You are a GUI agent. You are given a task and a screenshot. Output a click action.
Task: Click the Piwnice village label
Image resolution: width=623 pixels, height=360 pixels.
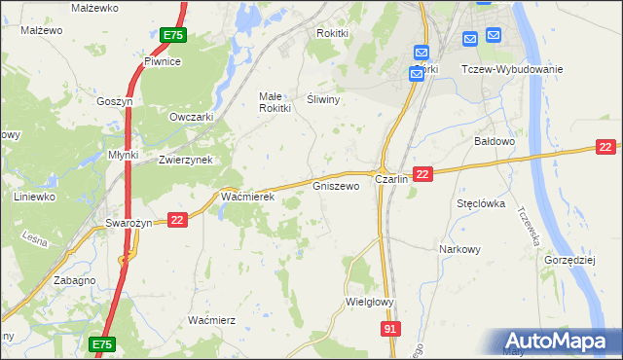point(163,61)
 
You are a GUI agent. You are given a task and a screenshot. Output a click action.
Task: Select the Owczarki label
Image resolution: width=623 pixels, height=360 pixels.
point(191,117)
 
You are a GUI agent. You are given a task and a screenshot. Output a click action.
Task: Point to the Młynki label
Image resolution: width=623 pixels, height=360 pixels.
point(124,155)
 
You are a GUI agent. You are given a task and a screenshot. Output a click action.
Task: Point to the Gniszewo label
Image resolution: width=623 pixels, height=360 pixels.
point(336,185)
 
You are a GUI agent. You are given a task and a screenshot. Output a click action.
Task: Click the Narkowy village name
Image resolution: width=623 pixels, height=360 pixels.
point(459,249)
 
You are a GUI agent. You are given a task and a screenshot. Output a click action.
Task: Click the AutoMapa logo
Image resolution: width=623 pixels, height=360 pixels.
point(559,342)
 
